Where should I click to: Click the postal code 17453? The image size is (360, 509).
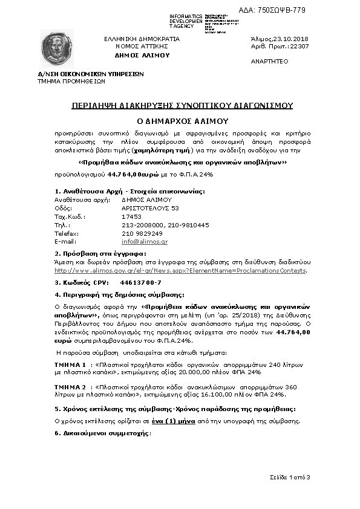point(131,216)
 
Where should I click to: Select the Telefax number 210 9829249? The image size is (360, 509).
point(142,233)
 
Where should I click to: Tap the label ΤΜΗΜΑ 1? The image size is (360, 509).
point(70,365)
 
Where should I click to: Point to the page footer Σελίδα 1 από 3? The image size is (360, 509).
point(290,478)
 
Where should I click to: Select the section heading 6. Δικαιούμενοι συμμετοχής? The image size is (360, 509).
point(102,433)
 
